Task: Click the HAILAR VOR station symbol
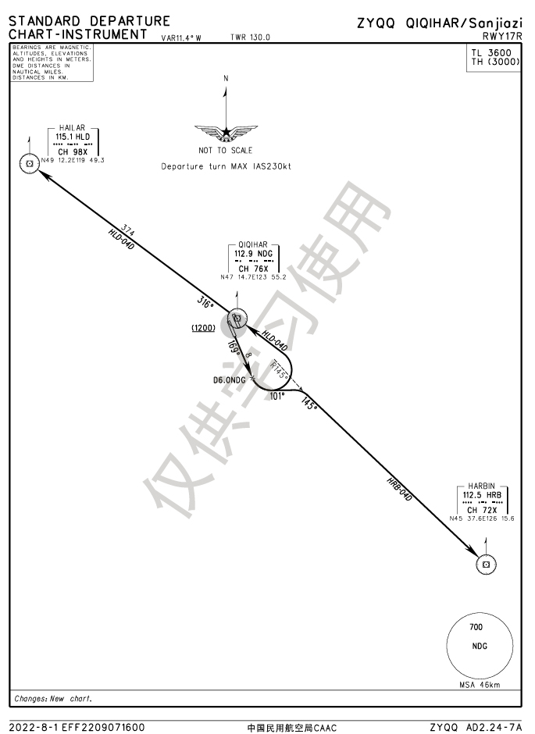pos(29,163)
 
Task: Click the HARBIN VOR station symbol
pos(486,564)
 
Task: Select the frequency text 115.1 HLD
pos(73,137)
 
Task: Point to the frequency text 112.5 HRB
pos(482,495)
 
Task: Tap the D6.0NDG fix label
pos(230,379)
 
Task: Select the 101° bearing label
pos(277,396)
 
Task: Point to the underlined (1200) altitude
pos(203,328)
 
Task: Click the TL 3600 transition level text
pos(494,53)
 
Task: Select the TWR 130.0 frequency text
pos(251,37)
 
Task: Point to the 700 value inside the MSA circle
pos(476,627)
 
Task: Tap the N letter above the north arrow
pos(226,78)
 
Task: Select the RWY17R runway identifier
pos(502,35)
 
